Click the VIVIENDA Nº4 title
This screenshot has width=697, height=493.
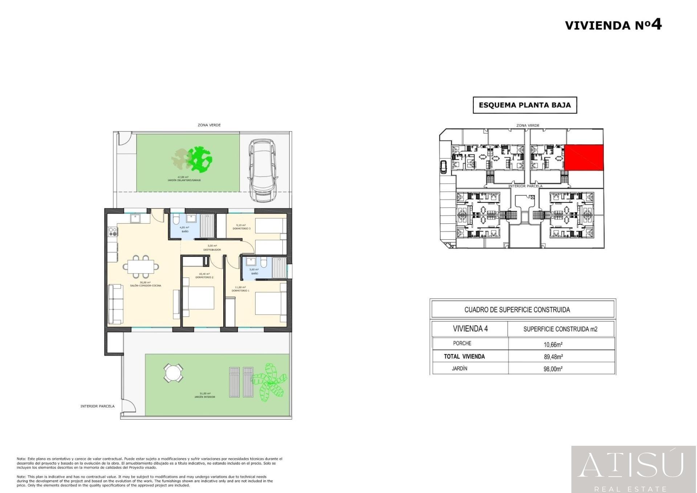point(613,25)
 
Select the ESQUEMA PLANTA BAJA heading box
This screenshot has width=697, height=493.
point(525,105)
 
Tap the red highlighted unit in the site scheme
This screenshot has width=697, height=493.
point(584,157)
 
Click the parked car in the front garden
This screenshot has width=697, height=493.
point(262,170)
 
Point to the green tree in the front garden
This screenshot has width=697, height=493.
point(199,159)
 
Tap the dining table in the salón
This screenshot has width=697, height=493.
point(140,267)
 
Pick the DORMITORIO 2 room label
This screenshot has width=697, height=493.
point(204,277)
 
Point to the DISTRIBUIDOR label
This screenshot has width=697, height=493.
point(212,250)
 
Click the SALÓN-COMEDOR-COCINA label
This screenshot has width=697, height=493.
point(146,286)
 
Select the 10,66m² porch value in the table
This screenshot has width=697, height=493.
point(553,344)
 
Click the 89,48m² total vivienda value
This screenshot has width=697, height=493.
point(553,357)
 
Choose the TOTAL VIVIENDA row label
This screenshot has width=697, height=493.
point(464,357)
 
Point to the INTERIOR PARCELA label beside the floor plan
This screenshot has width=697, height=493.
point(97,406)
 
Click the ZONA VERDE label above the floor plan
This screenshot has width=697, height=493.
point(209,125)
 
